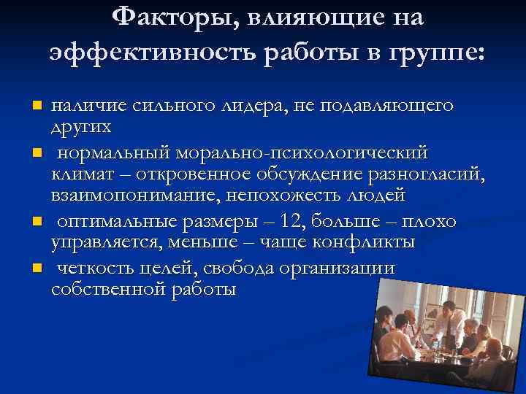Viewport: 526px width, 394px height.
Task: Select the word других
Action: [81, 127]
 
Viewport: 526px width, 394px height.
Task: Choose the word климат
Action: [83, 174]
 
